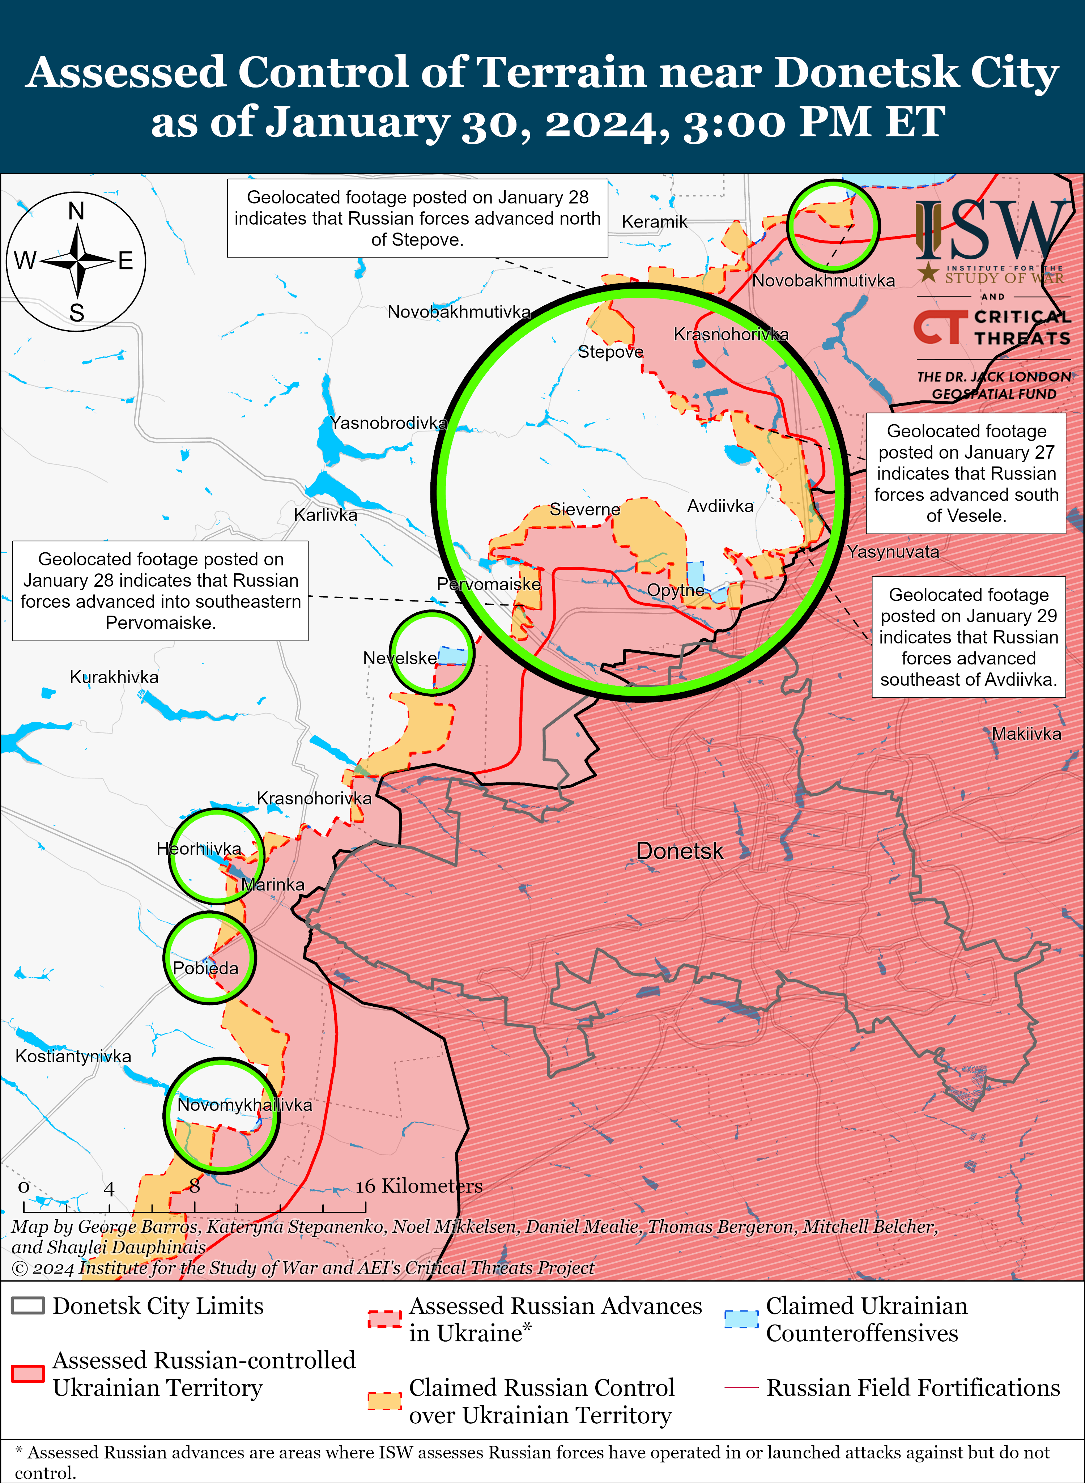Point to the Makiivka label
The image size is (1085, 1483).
[x=1026, y=734]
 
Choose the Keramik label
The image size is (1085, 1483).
[x=654, y=222]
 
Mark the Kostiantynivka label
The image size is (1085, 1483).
[x=73, y=1056]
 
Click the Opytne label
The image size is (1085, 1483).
[x=675, y=590]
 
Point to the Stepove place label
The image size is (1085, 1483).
[x=610, y=352]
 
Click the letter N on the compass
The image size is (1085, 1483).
[x=76, y=212]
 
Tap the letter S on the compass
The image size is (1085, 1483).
[x=77, y=313]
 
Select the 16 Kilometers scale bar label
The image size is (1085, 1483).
[x=419, y=1186]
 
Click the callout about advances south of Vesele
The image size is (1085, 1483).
[x=965, y=473]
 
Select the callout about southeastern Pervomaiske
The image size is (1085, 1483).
[x=160, y=590]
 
